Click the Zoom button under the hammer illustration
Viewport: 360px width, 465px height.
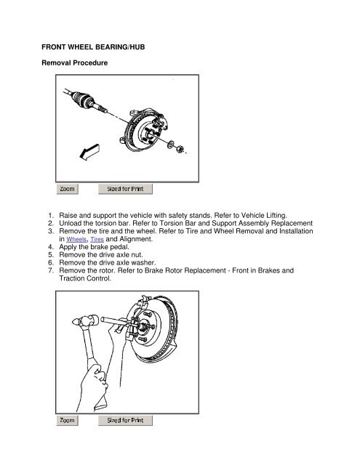click(x=67, y=420)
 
